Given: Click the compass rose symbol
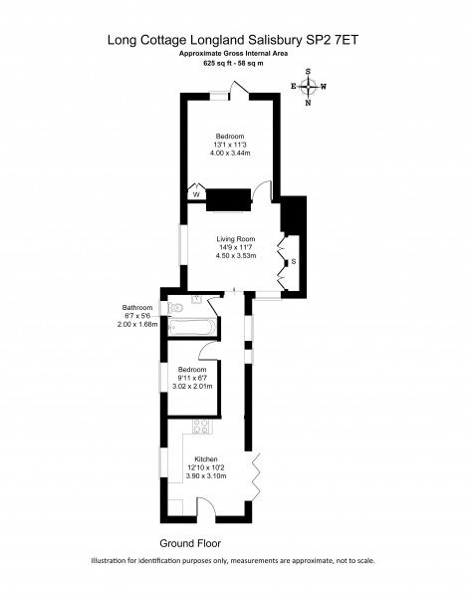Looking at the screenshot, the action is (x=308, y=87).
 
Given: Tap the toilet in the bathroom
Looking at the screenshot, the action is (x=175, y=308).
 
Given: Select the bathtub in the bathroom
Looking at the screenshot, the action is (x=192, y=327).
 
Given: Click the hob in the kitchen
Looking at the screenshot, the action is (x=201, y=427).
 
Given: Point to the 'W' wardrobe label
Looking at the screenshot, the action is (x=196, y=195).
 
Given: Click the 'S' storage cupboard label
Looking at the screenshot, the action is (x=294, y=261).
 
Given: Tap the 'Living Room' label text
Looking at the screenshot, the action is (x=236, y=239).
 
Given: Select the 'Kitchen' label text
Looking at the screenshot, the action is (x=206, y=459).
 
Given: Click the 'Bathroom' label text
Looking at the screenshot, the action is (x=137, y=307).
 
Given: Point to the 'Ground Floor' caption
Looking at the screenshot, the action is (x=190, y=543).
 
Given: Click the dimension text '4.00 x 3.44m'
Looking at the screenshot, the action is (x=230, y=152).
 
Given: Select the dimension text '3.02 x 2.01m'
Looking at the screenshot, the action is (x=192, y=387).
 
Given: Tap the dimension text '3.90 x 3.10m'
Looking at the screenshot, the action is (x=206, y=476).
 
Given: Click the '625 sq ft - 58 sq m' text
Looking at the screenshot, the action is (x=233, y=64).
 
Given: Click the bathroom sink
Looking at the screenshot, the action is (x=197, y=298).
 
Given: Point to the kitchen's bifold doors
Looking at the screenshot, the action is (x=256, y=475).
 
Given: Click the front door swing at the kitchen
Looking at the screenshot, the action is (x=206, y=506).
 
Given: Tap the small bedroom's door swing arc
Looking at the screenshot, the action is (x=208, y=350).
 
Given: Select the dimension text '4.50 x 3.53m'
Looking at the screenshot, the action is (x=236, y=256).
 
